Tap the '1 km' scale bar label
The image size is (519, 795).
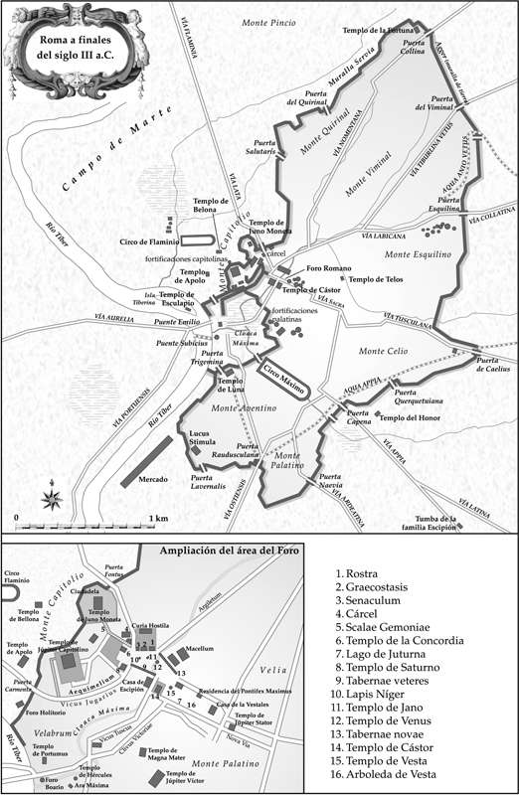pyautogui.click(x=157, y=519)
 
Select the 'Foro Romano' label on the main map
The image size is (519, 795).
pyautogui.click(x=327, y=269)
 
